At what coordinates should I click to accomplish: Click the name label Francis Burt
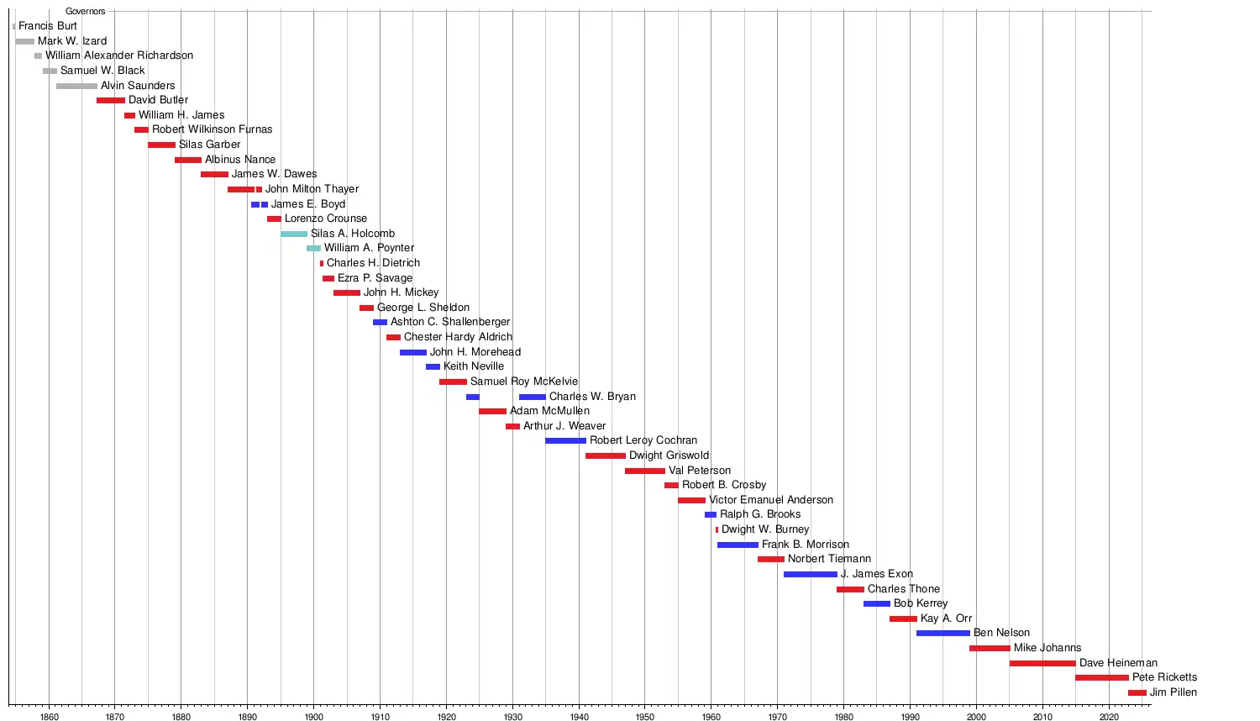48,26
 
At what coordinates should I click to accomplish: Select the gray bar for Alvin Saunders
76,86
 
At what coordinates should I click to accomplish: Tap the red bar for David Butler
111,101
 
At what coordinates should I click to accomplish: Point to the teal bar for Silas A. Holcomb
294,234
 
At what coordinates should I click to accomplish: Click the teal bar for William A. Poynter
313,249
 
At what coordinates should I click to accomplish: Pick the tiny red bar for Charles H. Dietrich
322,263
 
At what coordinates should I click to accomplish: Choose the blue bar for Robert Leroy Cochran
565,441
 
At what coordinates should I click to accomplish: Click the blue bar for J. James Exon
811,575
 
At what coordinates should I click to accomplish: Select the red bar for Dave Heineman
1042,664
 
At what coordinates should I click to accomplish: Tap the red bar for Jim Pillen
1137,693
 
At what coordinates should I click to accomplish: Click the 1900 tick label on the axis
313,717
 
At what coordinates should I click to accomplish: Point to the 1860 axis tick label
49,717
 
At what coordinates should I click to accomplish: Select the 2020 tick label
1109,717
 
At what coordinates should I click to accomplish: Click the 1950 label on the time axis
644,717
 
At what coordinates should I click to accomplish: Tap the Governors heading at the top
86,12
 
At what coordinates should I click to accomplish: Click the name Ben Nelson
1001,633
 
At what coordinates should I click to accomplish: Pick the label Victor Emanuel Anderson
771,500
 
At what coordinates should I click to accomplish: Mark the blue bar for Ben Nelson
942,634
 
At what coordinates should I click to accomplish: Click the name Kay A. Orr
946,618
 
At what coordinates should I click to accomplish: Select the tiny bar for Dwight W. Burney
717,530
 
